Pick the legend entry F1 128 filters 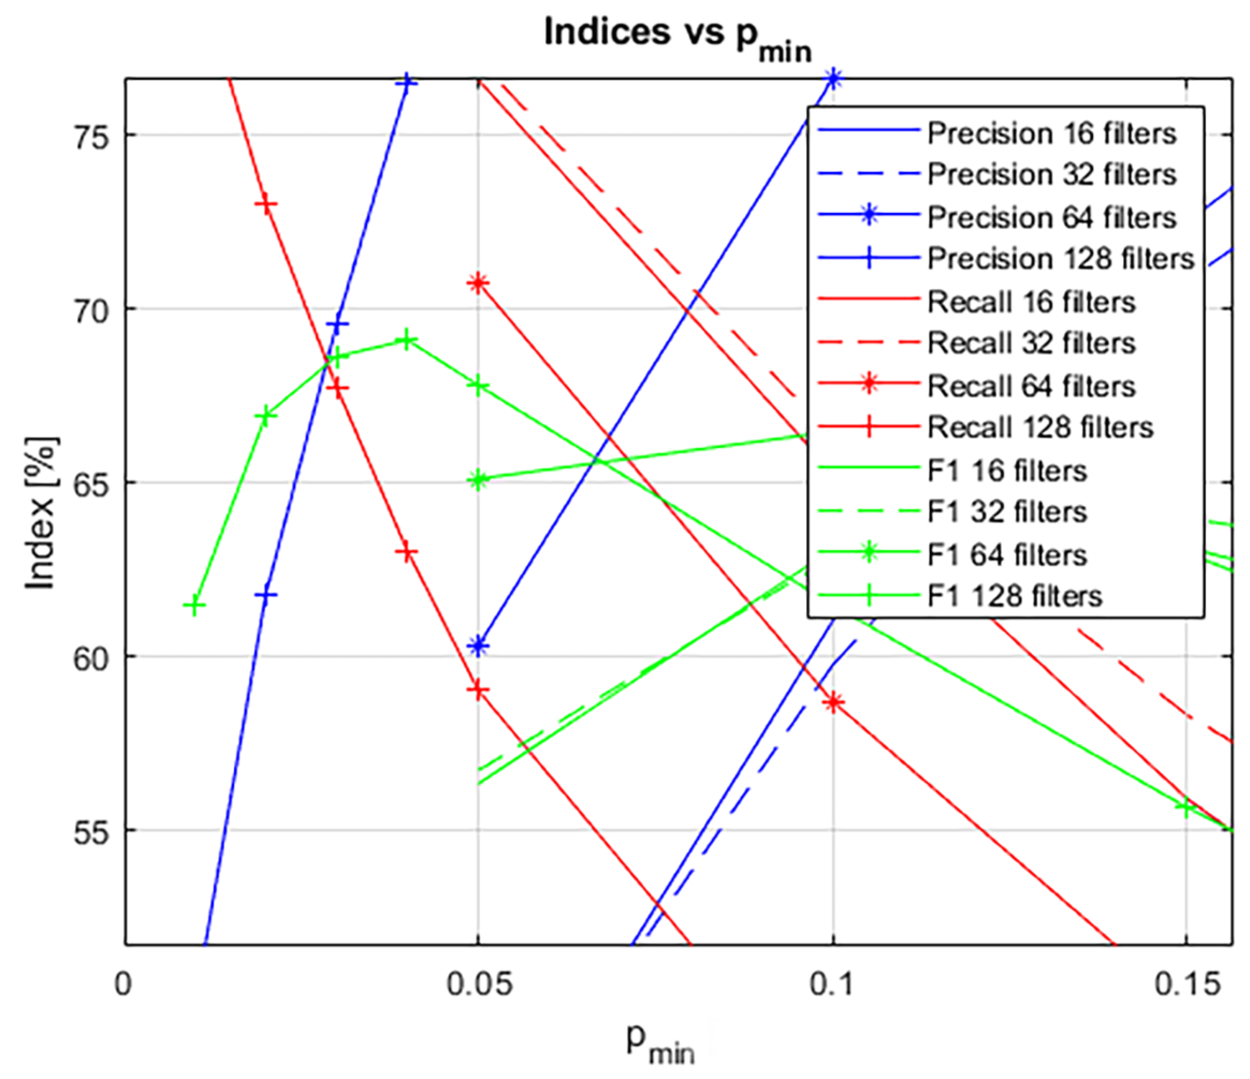[1014, 597]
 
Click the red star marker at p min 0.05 [478, 283]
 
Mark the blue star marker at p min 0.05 [478, 647]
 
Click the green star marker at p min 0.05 [478, 480]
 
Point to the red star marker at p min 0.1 [834, 703]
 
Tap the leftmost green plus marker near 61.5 [194, 605]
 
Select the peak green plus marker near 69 [407, 340]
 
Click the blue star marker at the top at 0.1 [834, 79]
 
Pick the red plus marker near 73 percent [266, 205]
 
